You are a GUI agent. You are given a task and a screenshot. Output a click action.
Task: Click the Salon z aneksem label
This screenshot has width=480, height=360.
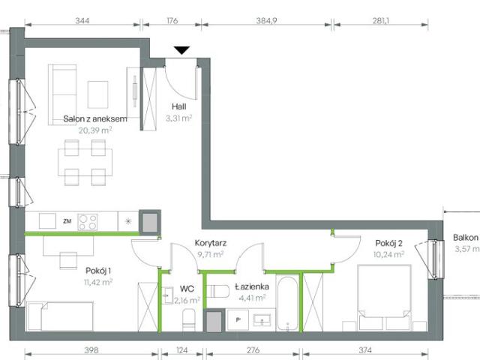point(94,118)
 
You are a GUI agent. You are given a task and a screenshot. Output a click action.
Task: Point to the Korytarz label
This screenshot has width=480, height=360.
point(211,243)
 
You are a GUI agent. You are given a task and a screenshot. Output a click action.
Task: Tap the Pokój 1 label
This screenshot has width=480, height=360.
point(99,271)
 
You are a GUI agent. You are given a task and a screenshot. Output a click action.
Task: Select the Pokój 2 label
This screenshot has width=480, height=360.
point(389,242)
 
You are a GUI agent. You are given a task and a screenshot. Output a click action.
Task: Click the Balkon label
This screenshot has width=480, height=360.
point(466,238)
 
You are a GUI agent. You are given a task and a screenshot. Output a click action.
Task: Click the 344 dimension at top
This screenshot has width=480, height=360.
point(82,20)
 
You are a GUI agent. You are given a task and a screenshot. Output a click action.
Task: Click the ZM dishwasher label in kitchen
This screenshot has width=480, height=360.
point(67,221)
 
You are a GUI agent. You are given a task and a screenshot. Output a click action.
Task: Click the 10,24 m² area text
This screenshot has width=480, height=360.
point(389,253)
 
